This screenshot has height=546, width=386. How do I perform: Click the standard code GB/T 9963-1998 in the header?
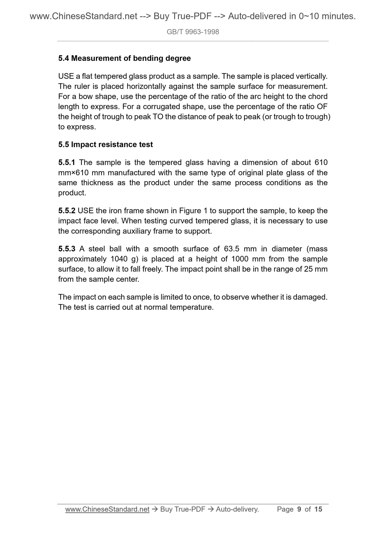pos(193,32)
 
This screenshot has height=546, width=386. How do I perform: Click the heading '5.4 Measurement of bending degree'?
pos(124,58)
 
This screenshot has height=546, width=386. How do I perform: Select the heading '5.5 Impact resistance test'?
pos(106,145)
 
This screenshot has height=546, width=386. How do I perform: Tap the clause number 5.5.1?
pos(67,162)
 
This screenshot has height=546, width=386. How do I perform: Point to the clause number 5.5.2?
pos(67,211)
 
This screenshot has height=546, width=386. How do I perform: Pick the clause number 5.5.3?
pos(67,249)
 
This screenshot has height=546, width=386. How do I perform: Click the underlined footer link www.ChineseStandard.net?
pos(107,510)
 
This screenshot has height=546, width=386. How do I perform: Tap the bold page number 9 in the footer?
pos(299,510)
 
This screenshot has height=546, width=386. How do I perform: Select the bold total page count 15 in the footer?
pos(318,510)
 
